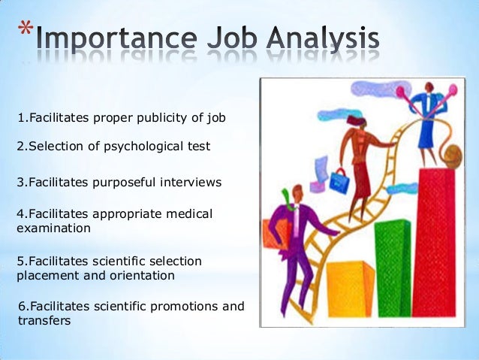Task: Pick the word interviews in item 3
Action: pos(194,181)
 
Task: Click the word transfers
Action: pos(44,320)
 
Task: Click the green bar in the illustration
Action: pos(392,266)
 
